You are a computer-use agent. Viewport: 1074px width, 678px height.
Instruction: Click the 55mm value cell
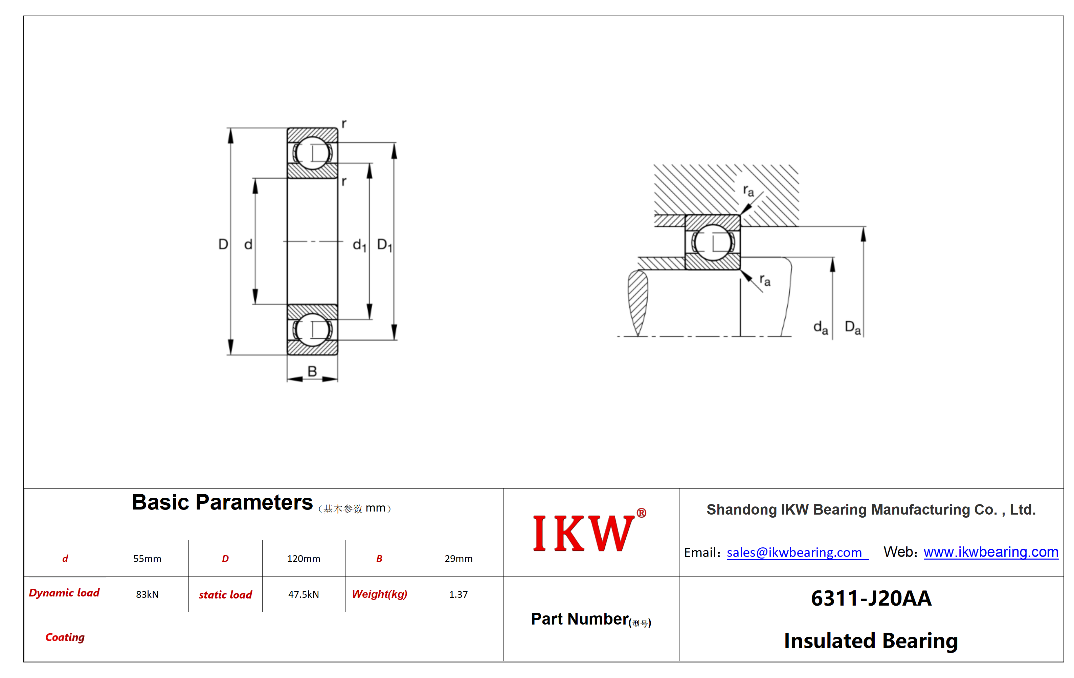click(147, 559)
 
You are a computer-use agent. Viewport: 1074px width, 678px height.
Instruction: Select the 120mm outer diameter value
click(303, 559)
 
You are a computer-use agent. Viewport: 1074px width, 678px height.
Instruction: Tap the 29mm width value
click(458, 559)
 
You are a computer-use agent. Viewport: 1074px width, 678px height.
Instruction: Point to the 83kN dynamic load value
click(147, 594)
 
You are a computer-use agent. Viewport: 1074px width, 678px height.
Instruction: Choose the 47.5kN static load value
click(303, 594)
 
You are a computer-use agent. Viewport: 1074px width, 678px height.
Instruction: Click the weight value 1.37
click(458, 594)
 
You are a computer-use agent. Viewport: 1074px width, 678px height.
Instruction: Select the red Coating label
click(65, 637)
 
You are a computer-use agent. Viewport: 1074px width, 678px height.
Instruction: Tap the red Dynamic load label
click(64, 593)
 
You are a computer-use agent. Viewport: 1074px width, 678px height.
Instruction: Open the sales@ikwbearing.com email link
click(798, 553)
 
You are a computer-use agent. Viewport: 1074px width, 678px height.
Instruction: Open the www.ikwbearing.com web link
click(991, 552)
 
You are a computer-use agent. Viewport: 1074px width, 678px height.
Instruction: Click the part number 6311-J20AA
click(871, 598)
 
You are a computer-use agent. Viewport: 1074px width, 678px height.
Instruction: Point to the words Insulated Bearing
click(871, 640)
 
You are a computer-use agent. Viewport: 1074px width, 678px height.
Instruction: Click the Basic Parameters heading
click(222, 502)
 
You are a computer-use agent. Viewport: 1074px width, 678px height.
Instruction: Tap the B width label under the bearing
click(312, 371)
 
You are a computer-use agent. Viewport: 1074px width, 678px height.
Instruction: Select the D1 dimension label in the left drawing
click(384, 245)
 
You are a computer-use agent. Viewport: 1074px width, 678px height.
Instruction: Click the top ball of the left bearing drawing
click(312, 153)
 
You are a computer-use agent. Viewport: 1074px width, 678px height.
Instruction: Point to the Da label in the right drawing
click(853, 327)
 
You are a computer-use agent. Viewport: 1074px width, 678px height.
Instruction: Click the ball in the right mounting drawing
click(713, 242)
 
